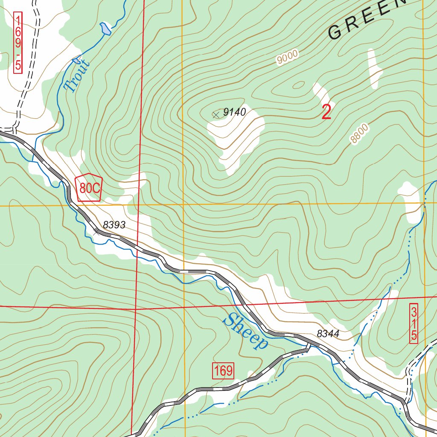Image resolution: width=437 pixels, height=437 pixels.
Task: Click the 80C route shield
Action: click(x=89, y=188)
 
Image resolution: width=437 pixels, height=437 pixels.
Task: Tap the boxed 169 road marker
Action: click(x=223, y=371)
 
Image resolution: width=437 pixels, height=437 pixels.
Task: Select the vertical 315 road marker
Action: click(x=413, y=323)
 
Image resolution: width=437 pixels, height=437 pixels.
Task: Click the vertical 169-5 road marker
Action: click(x=18, y=42)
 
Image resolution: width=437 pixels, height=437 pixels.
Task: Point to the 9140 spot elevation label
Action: click(x=235, y=112)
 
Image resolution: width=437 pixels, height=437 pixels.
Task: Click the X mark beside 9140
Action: click(x=216, y=114)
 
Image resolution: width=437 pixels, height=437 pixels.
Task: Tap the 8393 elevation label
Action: click(x=114, y=225)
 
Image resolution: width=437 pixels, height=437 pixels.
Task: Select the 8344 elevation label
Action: click(x=328, y=334)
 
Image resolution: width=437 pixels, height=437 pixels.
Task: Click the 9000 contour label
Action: click(x=287, y=57)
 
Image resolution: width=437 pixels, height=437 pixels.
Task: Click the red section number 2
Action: click(x=326, y=112)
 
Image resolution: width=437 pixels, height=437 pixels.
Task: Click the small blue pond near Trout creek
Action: click(x=104, y=29)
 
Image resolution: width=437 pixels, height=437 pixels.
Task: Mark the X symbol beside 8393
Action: click(x=96, y=232)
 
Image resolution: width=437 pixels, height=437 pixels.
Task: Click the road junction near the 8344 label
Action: click(x=308, y=347)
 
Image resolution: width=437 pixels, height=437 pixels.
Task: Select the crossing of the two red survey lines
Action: click(x=135, y=308)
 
